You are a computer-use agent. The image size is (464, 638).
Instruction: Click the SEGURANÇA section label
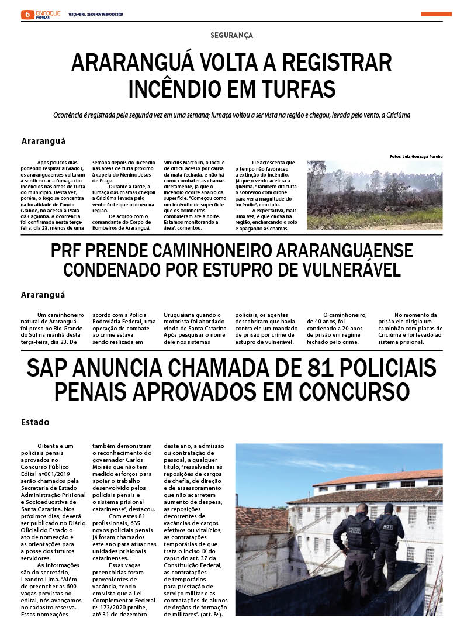[x=232, y=36]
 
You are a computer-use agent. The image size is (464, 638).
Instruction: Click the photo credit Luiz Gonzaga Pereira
[x=416, y=157]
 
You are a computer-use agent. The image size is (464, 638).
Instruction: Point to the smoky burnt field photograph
[x=374, y=195]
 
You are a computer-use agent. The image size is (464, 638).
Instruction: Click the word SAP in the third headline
[x=51, y=368]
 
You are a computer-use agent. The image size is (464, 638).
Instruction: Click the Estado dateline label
[x=35, y=422]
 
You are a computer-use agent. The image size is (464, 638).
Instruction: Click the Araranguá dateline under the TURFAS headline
[x=43, y=141]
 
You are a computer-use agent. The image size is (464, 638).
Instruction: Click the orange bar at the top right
[x=435, y=14]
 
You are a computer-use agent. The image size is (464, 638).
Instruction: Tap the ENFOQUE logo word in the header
[x=48, y=12]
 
